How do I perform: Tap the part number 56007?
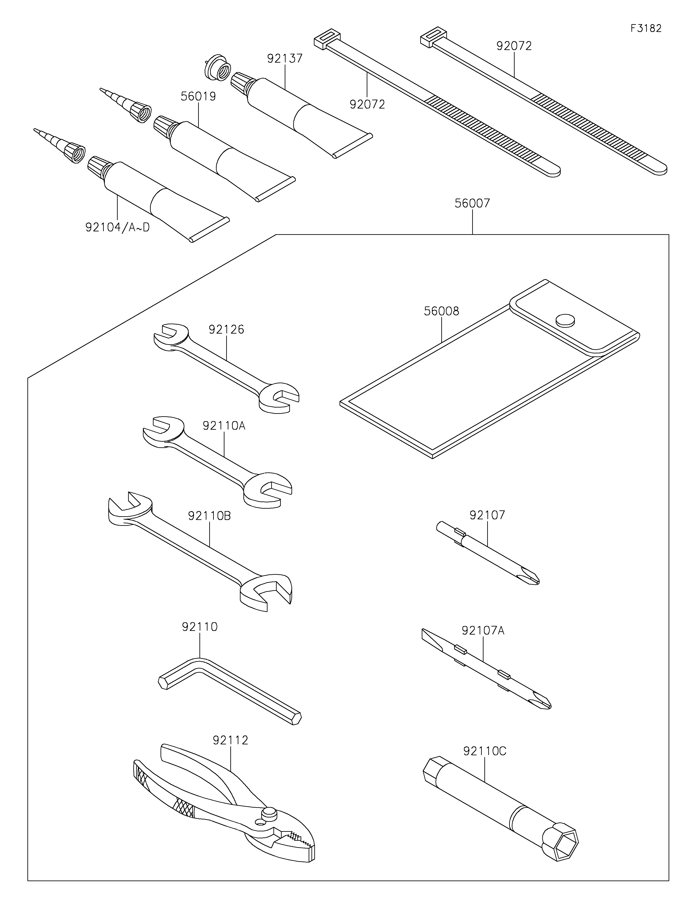472,203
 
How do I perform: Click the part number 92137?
285,58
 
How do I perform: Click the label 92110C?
485,751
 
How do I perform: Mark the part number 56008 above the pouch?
442,311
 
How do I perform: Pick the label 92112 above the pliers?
231,740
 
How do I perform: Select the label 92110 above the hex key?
200,627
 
